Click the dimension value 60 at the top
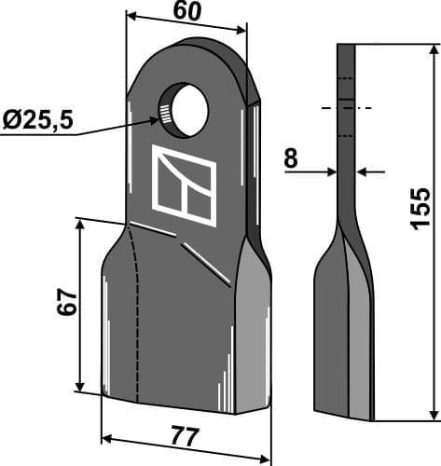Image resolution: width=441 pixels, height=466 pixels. pyautogui.click(x=186, y=10)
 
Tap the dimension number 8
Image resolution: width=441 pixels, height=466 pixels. pyautogui.click(x=290, y=159)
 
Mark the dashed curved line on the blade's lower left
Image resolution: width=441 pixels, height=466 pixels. pyautogui.click(x=136, y=308)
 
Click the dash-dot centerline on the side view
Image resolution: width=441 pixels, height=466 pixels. pyautogui.click(x=346, y=109)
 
